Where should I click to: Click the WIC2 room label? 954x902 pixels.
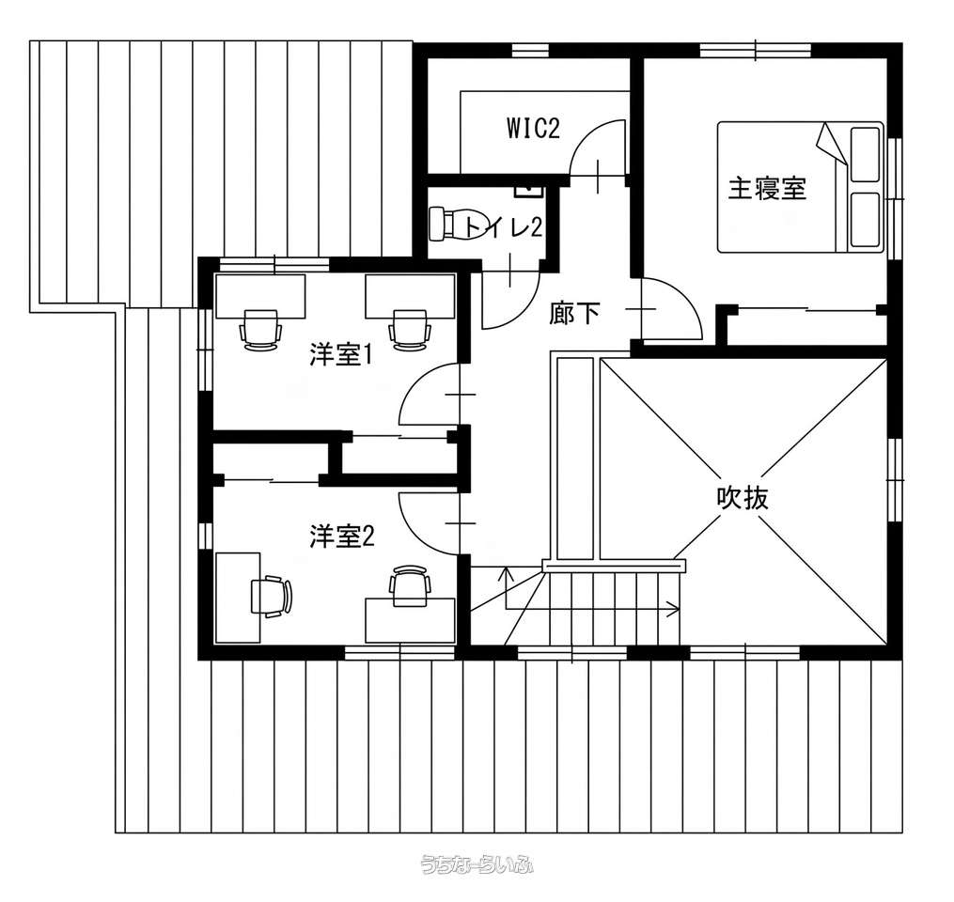533,129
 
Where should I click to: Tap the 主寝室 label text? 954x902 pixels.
767,188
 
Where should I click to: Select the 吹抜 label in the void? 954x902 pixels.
742,498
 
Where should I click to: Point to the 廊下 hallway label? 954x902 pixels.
574,314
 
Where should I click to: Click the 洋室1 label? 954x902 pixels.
340,355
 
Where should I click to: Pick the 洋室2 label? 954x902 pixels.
341,537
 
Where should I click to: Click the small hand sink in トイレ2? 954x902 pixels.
529,191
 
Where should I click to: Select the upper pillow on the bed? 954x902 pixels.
865,154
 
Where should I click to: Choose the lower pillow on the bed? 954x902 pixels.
865,220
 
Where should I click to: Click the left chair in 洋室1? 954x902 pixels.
261,329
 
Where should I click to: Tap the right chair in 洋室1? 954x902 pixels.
410,329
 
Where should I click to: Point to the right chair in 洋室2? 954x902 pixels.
410,585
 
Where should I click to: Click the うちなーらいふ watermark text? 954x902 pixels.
477,863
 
